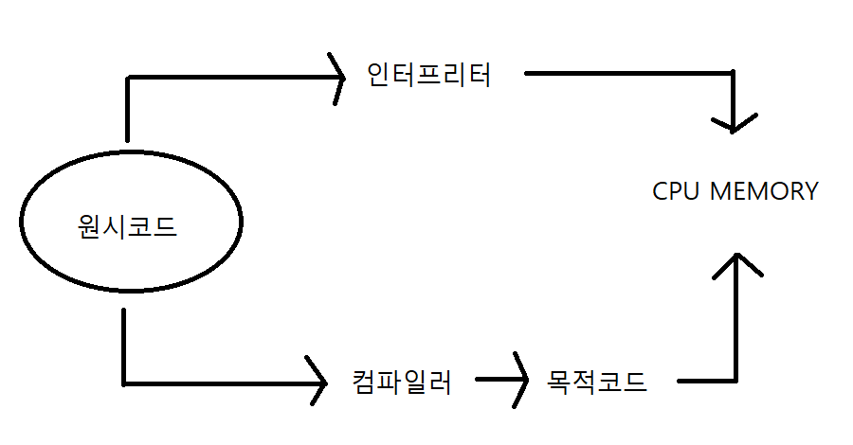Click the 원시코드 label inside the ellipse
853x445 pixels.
click(127, 227)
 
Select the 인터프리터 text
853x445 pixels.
click(429, 75)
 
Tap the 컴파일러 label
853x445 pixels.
click(401, 383)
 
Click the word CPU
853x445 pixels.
click(676, 191)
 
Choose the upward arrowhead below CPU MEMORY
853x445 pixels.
click(736, 258)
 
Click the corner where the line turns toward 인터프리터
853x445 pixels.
click(127, 77)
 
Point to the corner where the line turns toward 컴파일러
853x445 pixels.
click(125, 383)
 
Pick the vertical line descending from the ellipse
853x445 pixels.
click(125, 346)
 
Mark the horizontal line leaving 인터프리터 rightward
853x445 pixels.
click(626, 72)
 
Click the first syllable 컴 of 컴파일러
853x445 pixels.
click(363, 383)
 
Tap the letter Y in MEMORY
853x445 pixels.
click(808, 191)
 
